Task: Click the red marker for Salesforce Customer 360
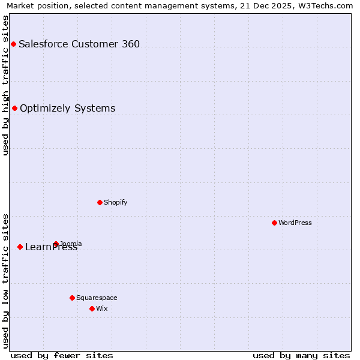point(13,44)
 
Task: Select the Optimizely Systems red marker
point(15,109)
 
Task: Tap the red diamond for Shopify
point(100,202)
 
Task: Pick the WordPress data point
point(274,223)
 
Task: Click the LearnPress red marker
point(20,247)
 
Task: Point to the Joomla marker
point(56,244)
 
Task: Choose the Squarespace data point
point(72,298)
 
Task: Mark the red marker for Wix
point(92,308)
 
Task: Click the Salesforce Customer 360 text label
point(79,44)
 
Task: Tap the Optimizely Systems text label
point(67,109)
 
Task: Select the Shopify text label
point(116,202)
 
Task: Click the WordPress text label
point(295,223)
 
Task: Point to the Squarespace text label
point(97,298)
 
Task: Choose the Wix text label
point(102,308)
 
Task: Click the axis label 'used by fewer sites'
point(62,355)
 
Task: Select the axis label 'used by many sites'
point(301,355)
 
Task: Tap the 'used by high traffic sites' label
point(5,85)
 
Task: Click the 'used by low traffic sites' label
point(5,281)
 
